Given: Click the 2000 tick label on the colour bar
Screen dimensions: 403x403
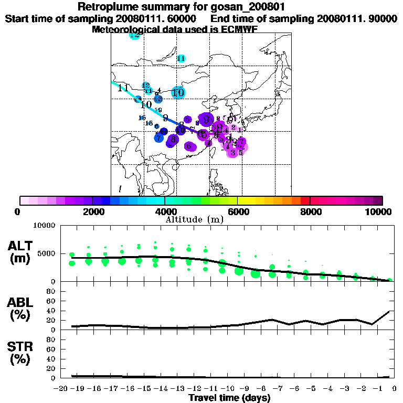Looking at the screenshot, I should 92,211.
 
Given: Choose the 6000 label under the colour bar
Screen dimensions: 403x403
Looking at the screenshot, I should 237,211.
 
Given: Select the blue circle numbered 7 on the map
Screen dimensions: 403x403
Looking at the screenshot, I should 159,137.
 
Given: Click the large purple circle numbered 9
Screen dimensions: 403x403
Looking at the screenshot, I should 206,119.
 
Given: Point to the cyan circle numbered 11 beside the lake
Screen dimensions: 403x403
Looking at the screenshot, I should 181,58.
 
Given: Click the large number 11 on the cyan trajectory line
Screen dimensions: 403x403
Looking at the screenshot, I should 124,88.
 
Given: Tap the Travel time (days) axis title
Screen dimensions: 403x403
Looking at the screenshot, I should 229,398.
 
